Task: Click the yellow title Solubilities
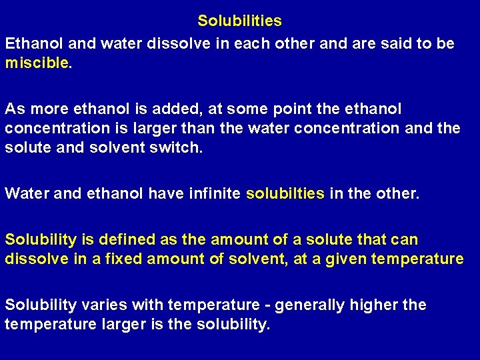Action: [x=239, y=21]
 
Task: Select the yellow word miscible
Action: [x=37, y=63]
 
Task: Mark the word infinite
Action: [x=209, y=194]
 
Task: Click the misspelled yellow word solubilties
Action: [x=285, y=194]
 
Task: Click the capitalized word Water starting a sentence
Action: [x=25, y=194]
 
